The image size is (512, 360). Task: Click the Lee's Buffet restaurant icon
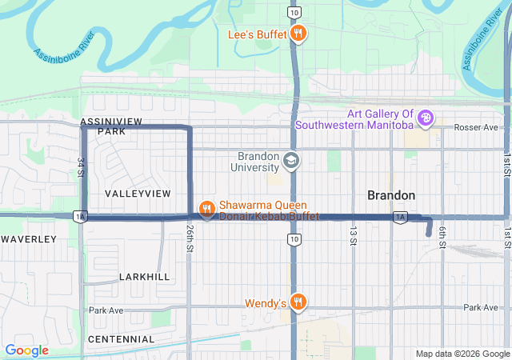coord(298,33)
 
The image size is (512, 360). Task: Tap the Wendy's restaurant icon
coord(298,302)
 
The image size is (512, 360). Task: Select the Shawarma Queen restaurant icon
coord(206,210)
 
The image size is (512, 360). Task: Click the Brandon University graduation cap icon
coord(290,162)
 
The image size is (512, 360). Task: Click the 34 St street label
coord(81,167)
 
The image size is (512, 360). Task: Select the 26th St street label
coord(190,235)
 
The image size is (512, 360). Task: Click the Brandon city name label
coord(390,195)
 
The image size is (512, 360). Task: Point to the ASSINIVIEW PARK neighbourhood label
coord(111,126)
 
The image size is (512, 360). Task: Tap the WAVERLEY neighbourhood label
coord(29,239)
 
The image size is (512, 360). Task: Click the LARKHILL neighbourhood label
coord(144,276)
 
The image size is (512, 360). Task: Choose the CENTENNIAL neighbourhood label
coord(122,339)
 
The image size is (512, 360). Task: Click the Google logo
coord(26,350)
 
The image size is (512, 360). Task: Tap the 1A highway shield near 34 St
coord(78,217)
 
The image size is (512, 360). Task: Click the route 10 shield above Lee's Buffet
coord(295,14)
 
